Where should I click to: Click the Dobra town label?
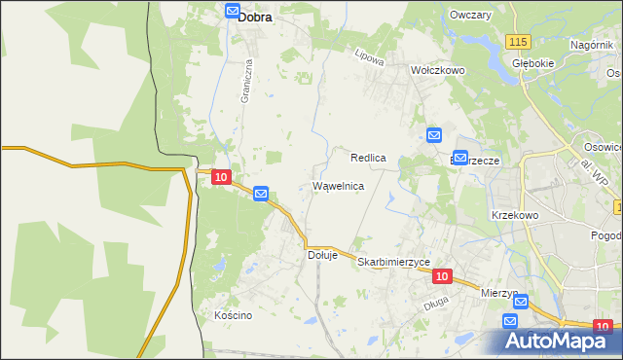pos(255,16)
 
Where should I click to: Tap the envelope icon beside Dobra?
pos(232,12)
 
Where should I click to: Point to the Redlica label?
pos(369,157)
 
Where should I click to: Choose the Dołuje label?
pos(322,255)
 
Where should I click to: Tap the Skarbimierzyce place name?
pos(393,263)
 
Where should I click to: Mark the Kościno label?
pos(233,315)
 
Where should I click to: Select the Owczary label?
pos(469,16)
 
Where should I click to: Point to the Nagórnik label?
pos(593,45)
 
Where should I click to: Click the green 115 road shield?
pos(518,40)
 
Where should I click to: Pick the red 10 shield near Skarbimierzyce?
pos(442,276)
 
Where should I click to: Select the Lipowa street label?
pos(370,57)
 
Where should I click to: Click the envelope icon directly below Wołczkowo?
pos(434,135)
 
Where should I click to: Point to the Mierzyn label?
pos(498,292)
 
